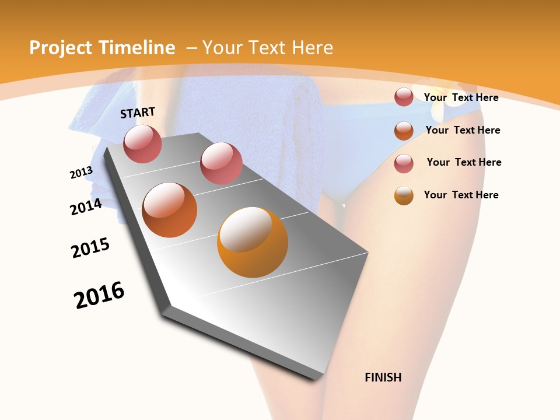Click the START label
coord(138,113)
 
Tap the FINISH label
coord(383,377)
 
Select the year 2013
coord(81,173)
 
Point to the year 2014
coord(86,206)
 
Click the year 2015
coord(90,248)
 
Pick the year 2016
coord(99,295)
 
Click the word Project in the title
coord(60,48)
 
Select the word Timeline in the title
coord(138,48)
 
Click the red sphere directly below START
coord(142,143)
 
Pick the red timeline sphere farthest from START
coord(221,163)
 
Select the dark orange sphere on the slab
coord(170,210)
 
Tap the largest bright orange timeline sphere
coord(253,242)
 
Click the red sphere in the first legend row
coord(404,97)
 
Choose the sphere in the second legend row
coord(404,131)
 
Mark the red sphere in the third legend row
coord(404,163)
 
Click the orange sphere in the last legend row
coord(404,195)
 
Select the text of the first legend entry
coord(461,97)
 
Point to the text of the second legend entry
coord(463,130)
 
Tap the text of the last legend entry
coord(461,195)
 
